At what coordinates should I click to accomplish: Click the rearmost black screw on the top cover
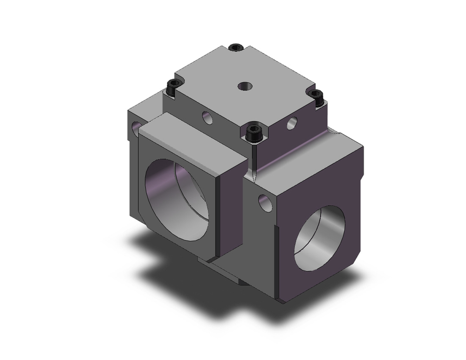pos(237,47)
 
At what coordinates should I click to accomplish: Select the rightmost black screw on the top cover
pos(317,97)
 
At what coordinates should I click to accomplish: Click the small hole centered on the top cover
pos(245,86)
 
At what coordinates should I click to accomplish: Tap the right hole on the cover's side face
pos(292,123)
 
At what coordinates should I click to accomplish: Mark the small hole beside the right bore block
pos(265,203)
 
